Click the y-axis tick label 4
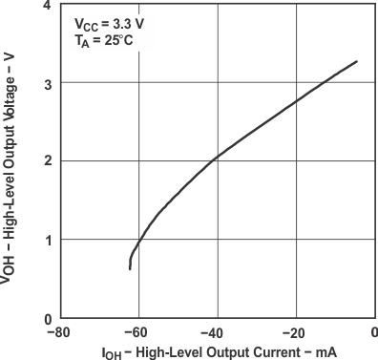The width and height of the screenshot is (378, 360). click(47, 6)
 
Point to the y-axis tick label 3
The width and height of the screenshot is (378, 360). click(47, 83)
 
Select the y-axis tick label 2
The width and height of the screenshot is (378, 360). click(47, 161)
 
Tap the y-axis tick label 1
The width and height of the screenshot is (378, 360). click(47, 240)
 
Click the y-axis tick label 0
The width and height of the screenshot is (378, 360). click(47, 318)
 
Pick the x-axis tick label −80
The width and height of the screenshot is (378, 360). click(57, 333)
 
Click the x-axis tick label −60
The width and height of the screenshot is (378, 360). click(136, 333)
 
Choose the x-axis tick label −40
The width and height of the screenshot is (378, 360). click(214, 333)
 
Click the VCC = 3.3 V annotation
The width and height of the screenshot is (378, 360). click(106, 22)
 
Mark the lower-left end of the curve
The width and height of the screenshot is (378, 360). click(130, 268)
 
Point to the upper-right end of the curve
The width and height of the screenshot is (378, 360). click(357, 61)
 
